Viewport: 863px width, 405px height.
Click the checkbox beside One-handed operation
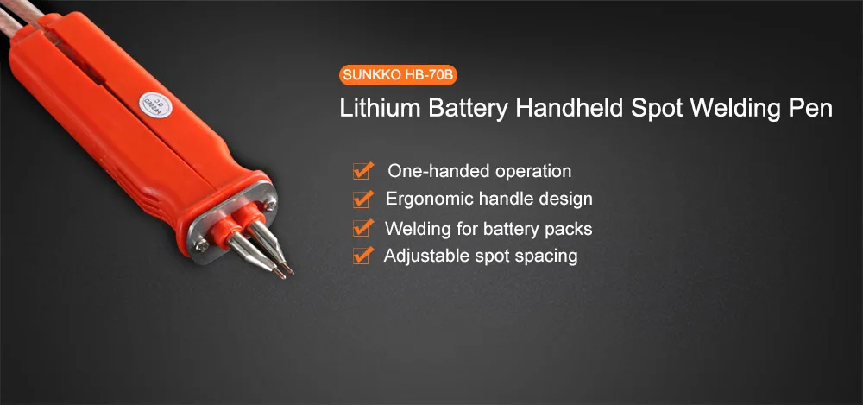click(363, 170)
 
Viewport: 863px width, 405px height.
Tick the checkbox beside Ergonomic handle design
click(363, 199)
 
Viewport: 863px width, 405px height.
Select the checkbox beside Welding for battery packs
click(363, 228)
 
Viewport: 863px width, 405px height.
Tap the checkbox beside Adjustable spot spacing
click(363, 256)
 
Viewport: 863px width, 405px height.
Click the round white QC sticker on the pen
click(139, 107)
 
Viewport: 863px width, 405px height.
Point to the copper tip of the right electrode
click(289, 270)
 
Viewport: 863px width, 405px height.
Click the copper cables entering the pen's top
click(26, 10)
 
